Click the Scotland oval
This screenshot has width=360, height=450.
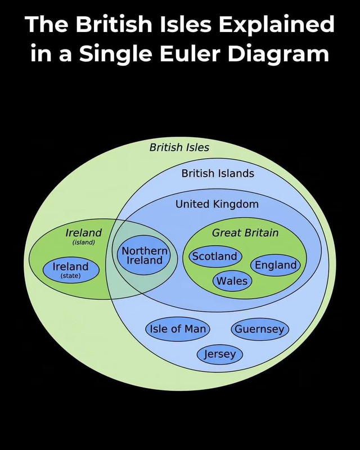pos(215,256)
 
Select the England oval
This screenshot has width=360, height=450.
pos(276,265)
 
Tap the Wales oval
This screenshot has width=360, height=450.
pos(232,281)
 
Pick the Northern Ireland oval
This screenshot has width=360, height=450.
pos(144,255)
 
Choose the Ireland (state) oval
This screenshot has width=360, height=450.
pos(71,270)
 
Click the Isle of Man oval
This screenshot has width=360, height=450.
pos(178,329)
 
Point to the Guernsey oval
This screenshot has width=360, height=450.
pos(260,329)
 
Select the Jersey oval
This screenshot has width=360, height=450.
pos(219,354)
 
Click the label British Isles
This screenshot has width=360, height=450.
pos(179,147)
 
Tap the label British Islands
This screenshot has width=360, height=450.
pos(218,173)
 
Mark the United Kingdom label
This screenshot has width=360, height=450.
pos(217,204)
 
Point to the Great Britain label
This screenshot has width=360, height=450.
pos(245,232)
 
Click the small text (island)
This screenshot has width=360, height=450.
pos(84,242)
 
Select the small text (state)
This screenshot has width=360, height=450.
pos(71,276)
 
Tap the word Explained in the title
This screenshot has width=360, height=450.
pos(277,25)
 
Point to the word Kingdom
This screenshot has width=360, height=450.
pos(236,204)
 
